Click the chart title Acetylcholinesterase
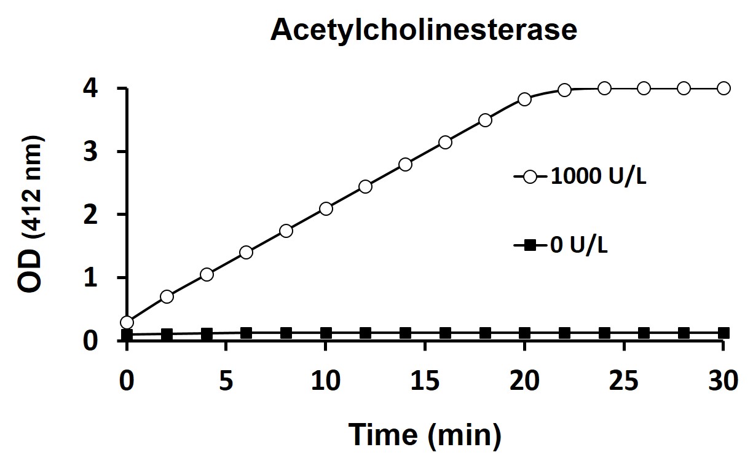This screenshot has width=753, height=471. (424, 30)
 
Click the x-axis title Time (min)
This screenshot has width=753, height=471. (425, 435)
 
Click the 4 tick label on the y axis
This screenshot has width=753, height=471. (90, 89)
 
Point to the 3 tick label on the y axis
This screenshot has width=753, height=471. (90, 152)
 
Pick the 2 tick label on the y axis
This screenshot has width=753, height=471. (90, 215)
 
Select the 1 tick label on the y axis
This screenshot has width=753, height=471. (90, 278)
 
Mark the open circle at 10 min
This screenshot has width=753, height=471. (326, 208)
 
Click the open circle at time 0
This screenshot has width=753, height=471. (127, 322)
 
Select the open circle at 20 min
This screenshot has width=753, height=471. (524, 99)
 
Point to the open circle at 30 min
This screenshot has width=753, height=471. (723, 88)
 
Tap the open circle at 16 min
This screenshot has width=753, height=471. (445, 142)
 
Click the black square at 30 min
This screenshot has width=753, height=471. (723, 333)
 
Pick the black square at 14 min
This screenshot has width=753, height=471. (405, 333)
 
